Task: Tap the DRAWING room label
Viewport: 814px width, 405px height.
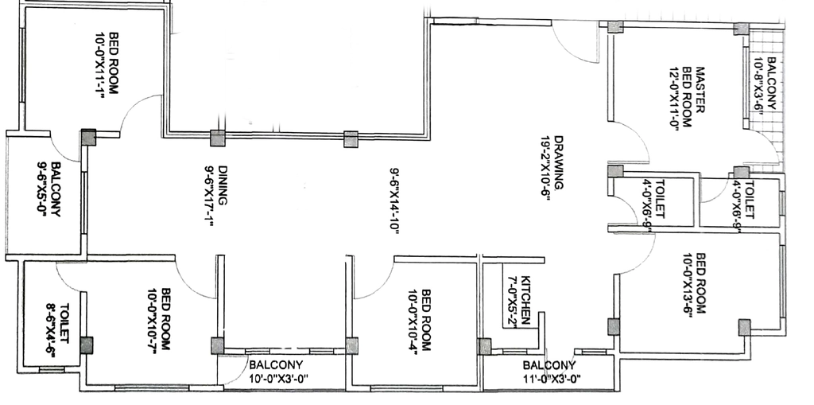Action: coord(559,164)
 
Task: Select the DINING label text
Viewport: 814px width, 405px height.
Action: coord(223,185)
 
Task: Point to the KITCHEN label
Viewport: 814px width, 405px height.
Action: coord(525,300)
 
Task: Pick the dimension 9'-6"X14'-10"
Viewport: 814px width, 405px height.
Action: coord(394,201)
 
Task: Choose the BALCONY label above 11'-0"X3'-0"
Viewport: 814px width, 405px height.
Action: coord(549,365)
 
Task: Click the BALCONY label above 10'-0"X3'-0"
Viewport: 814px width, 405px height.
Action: coord(276,365)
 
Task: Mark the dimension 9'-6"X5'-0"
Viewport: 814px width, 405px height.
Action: coord(42,189)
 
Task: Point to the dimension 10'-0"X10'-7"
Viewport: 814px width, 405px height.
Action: coord(153,320)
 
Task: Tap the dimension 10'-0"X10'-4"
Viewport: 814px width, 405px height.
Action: coord(413,320)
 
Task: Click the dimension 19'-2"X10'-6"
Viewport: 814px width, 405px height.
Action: coord(545,168)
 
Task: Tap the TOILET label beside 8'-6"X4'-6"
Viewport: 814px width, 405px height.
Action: coord(64,323)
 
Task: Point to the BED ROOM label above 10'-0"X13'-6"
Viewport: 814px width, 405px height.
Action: coord(701,283)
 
